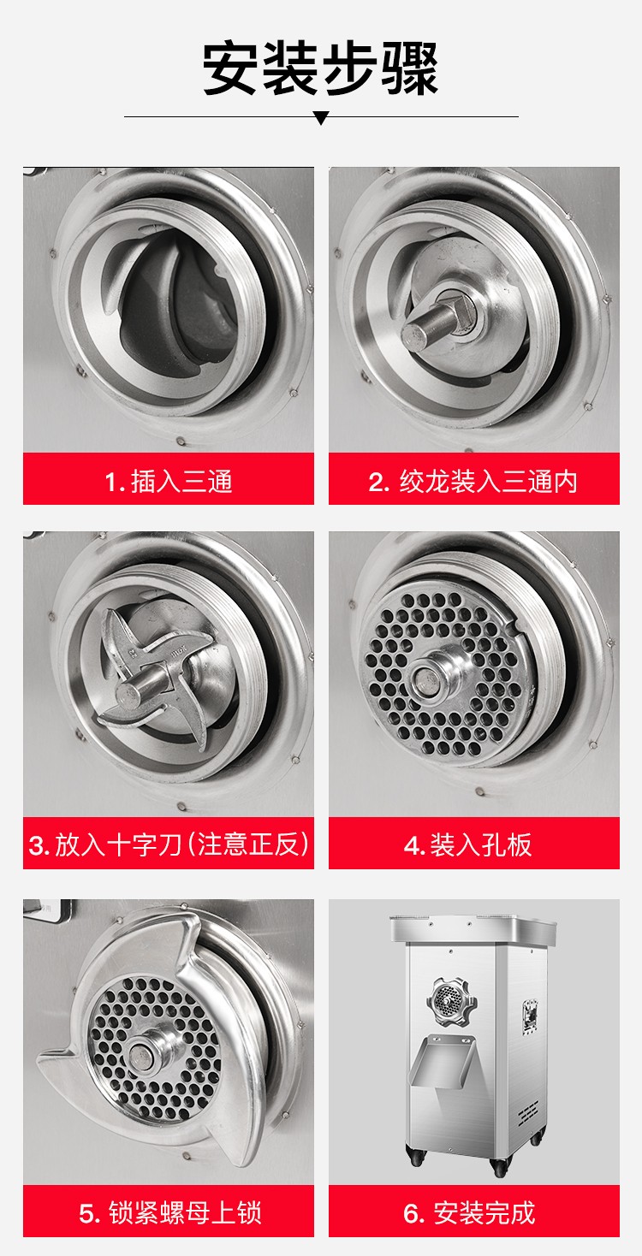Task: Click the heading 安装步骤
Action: point(321,68)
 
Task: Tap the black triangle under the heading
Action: point(321,118)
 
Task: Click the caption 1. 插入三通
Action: point(169,481)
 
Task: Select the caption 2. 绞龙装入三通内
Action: point(473,481)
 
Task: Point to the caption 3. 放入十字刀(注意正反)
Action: point(169,845)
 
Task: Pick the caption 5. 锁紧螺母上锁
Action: point(169,1212)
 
